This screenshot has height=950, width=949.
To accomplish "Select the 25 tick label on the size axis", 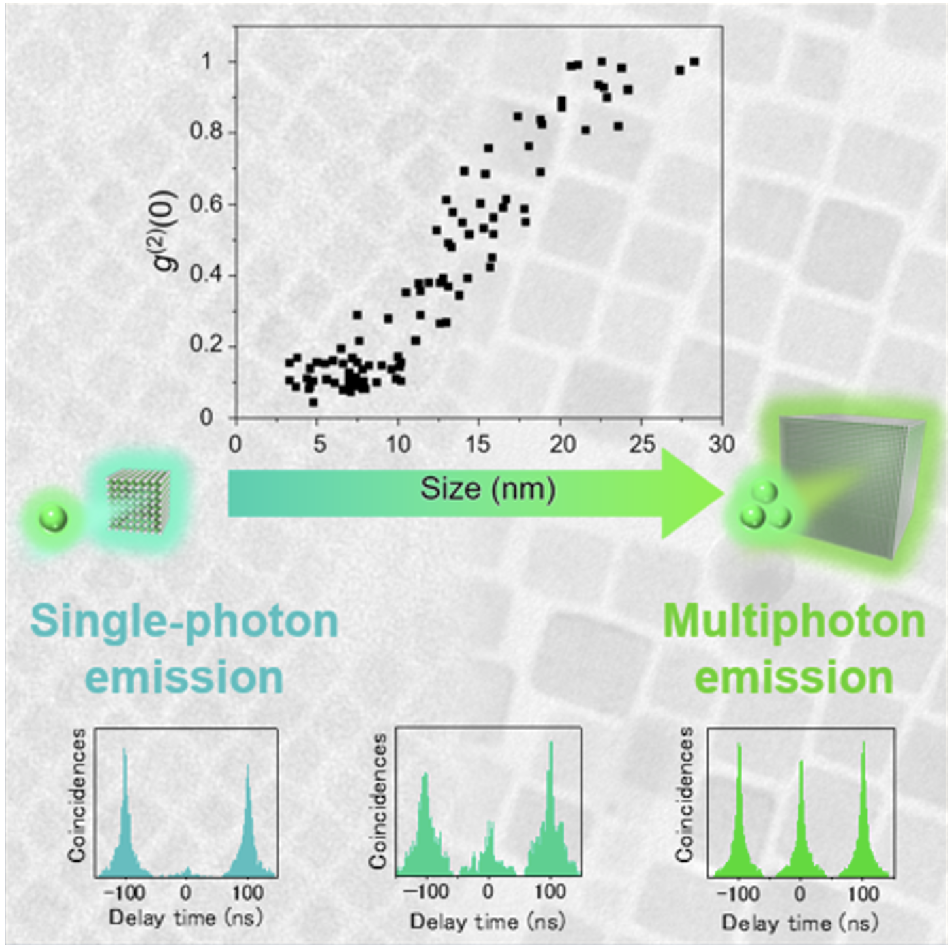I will point(641,445).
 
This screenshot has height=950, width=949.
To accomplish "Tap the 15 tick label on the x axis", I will point(478,445).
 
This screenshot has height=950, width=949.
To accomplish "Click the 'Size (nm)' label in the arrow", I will point(488,489).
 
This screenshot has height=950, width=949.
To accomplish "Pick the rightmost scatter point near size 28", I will point(694,62).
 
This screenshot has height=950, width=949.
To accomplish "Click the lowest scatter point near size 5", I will point(313,402).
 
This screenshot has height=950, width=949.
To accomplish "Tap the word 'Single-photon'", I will point(184,622).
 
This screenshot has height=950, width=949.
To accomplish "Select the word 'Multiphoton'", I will point(794,622).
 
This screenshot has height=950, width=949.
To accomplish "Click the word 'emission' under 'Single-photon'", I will point(185,677).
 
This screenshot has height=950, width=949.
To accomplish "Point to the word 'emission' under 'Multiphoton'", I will point(794,677).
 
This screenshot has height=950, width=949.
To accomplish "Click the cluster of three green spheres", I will point(764,507).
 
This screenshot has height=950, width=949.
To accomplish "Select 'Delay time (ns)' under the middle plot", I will point(488,922).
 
